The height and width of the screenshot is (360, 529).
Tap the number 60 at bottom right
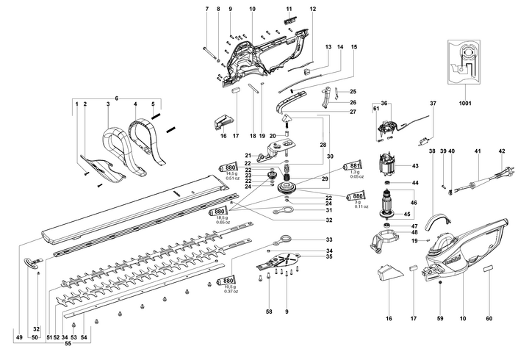coord(489,318)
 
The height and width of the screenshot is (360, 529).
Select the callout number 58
coord(269,313)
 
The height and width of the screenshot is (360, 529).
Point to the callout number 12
coord(312,9)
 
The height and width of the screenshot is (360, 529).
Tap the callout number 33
coord(328,240)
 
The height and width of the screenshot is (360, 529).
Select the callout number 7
coord(207,9)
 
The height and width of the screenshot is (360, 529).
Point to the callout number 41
coord(476,151)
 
